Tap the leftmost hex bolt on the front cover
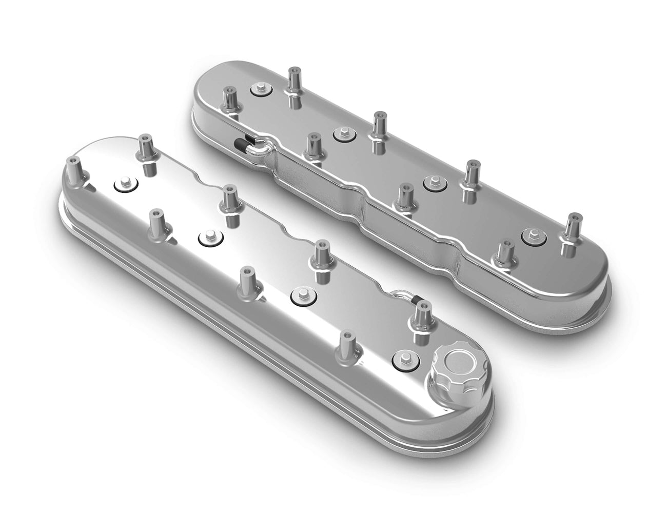point(124,183)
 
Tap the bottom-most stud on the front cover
point(347,345)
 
